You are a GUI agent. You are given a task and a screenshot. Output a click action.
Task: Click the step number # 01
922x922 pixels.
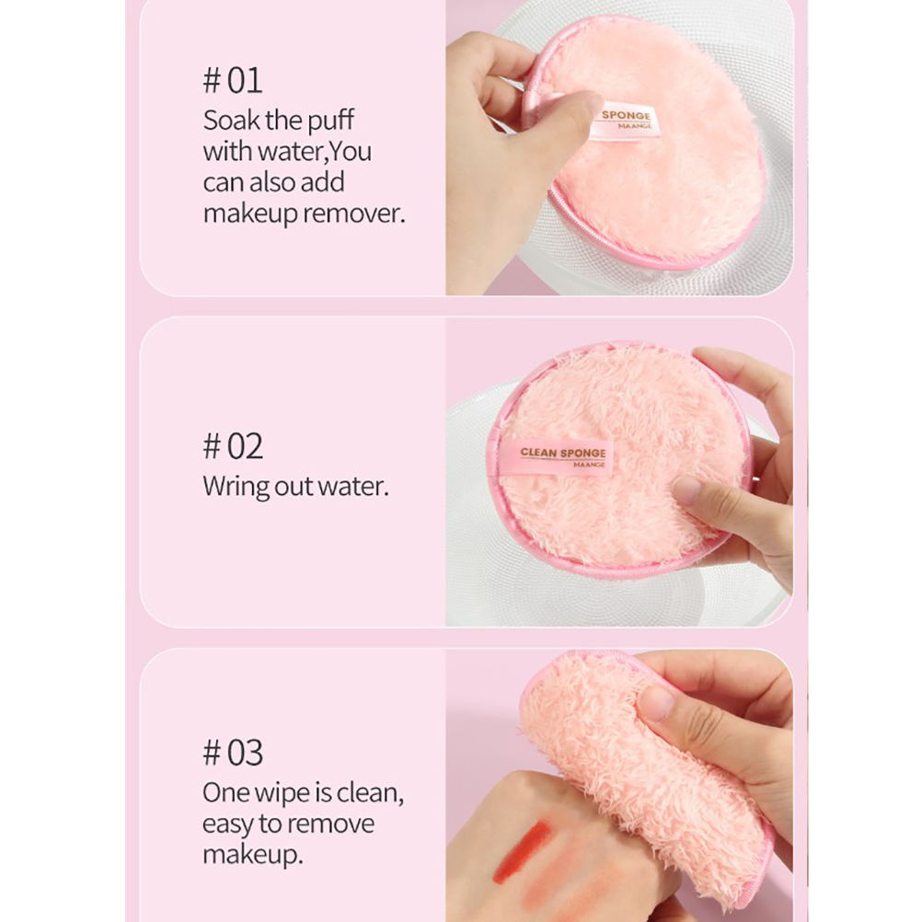pos(232,81)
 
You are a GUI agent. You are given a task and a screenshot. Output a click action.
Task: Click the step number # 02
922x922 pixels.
pos(233,446)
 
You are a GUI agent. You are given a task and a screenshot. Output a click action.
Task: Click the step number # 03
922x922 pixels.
pos(233,753)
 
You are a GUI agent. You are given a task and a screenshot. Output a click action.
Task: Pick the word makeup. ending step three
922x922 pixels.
pos(253,855)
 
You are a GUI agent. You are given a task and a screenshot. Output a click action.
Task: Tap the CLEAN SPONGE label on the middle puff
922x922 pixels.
pos(555,456)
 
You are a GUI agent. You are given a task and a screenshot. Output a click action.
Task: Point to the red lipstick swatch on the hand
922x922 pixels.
pos(522,851)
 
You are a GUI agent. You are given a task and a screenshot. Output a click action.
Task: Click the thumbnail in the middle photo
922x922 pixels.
pos(686,490)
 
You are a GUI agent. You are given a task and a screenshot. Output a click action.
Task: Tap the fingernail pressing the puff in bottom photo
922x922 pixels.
pos(658,701)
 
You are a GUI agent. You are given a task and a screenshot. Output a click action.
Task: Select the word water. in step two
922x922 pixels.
pos(352,487)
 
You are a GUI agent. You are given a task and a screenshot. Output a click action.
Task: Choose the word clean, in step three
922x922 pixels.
pos(371,793)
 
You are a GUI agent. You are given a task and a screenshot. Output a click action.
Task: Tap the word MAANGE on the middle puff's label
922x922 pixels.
pos(589,465)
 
